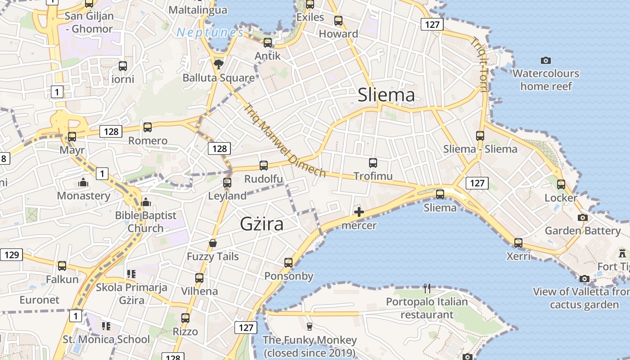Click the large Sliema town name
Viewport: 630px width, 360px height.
pos(386,95)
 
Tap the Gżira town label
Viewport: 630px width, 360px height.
pos(261,224)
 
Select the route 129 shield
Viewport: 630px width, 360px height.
pos(11,255)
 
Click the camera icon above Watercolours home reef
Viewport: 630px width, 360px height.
pos(545,60)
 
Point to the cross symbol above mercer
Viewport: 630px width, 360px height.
pos(359,212)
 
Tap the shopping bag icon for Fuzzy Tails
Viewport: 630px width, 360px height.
pos(213,243)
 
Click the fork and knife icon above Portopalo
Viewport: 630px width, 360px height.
pos(427,288)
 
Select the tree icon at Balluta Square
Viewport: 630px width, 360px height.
pos(219,64)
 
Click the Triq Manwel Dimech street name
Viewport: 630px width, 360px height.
pos(284,140)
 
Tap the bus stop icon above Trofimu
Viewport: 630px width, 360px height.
pos(373,163)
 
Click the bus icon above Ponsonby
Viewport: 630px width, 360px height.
pos(288,263)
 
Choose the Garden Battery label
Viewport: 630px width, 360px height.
pos(583,231)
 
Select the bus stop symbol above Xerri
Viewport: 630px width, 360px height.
pos(518,243)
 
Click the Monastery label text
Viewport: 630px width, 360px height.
pos(83,196)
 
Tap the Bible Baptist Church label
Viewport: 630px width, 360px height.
pos(146,222)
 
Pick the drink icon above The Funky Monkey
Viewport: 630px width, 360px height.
pos(309,326)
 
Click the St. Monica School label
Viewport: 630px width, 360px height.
pos(106,339)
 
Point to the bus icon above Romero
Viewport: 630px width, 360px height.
pos(148,127)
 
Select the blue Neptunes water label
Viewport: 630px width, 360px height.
pos(210,32)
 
